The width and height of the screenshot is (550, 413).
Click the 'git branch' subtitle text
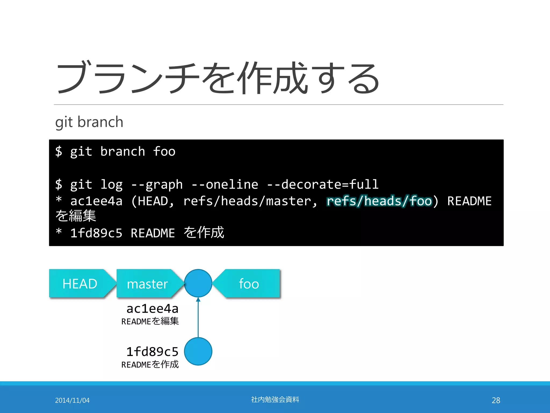coord(89,122)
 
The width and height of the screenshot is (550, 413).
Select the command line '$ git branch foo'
coord(115,152)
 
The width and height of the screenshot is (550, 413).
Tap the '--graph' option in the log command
coord(157,185)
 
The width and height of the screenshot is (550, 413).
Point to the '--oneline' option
coord(225,185)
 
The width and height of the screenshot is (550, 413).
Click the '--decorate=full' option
coord(323,185)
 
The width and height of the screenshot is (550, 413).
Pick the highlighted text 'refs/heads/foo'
coord(379,201)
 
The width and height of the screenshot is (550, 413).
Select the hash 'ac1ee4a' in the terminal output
coord(96,201)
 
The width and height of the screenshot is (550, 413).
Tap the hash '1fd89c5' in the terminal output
coord(96,233)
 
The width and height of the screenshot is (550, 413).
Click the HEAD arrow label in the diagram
coord(80,284)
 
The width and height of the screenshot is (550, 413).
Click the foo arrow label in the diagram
coord(249,284)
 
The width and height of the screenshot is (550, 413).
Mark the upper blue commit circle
coord(198,283)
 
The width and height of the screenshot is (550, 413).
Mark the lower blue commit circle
coord(198,351)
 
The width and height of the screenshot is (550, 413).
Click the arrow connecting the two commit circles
coord(198,317)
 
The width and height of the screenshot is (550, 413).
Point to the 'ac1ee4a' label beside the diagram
coord(153,309)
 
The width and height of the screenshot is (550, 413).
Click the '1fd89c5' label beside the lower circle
coord(153,352)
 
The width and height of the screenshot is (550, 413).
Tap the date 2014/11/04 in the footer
coord(72,400)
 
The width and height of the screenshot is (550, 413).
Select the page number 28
coord(496,400)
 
